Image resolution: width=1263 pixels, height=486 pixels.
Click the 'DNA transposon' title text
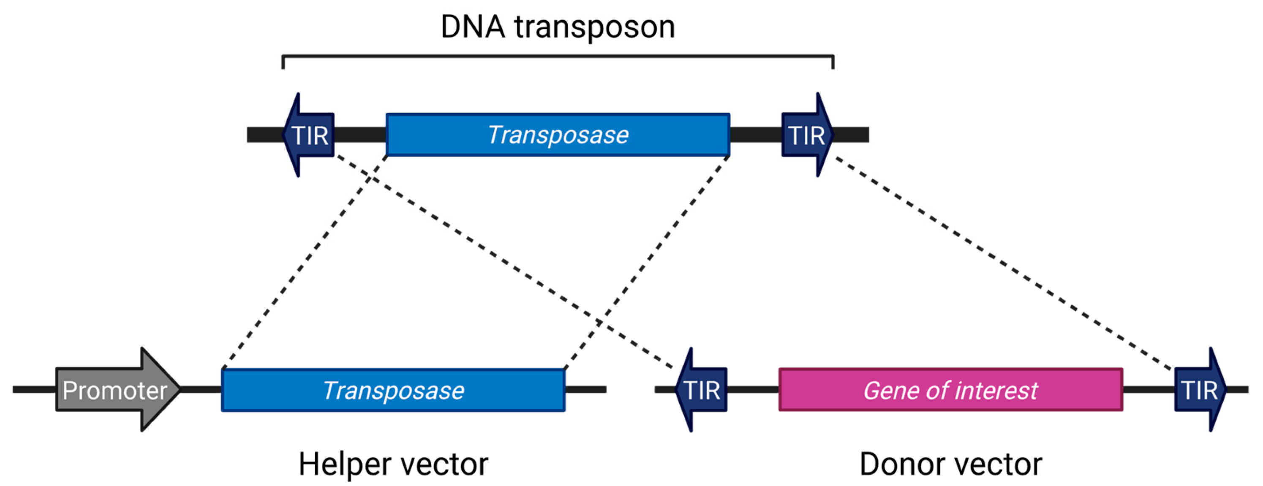(x=558, y=27)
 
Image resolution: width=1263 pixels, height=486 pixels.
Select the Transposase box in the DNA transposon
(x=558, y=135)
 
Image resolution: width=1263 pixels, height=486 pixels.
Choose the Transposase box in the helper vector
(x=393, y=390)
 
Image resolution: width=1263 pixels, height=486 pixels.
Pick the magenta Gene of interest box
(x=950, y=390)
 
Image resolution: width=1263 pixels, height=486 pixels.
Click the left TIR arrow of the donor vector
(x=702, y=390)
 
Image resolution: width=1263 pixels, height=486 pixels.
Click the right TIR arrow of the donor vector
(x=1200, y=390)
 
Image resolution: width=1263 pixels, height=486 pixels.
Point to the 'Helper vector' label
(x=393, y=464)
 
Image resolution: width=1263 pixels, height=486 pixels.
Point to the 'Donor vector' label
(x=950, y=464)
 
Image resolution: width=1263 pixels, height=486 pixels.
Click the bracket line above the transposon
(x=558, y=56)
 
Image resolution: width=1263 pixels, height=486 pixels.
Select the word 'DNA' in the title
(x=472, y=27)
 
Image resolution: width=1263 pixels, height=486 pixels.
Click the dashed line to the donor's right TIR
(x=1005, y=265)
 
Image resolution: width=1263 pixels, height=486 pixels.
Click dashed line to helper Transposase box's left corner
(x=304, y=262)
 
